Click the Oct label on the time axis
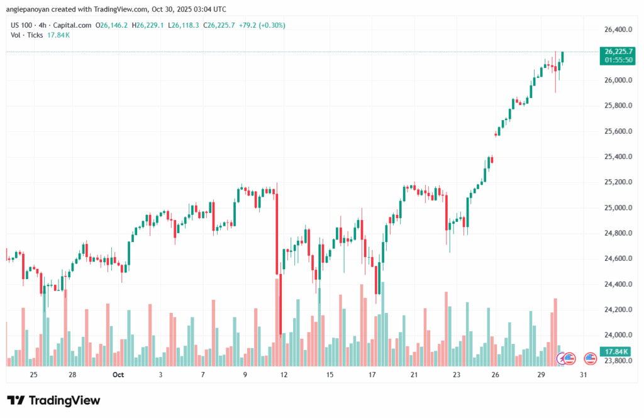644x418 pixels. [x=118, y=375]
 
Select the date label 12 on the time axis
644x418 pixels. [x=284, y=375]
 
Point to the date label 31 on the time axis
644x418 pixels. [x=584, y=375]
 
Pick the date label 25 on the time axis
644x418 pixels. [x=33, y=375]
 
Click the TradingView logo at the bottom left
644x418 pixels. [x=53, y=400]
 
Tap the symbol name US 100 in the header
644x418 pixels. [x=23, y=25]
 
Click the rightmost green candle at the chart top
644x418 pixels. [x=563, y=57]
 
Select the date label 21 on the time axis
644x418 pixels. [x=414, y=375]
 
